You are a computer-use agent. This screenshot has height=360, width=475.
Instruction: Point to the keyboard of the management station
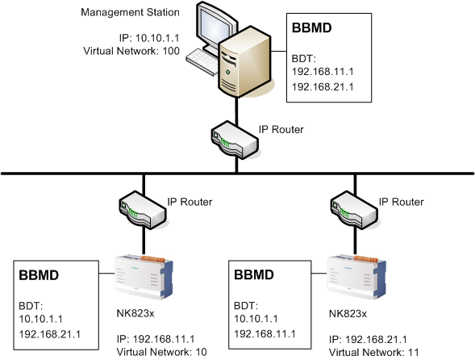pyautogui.click(x=201, y=59)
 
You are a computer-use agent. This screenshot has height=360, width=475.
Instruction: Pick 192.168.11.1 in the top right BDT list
pyautogui.click(x=323, y=71)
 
